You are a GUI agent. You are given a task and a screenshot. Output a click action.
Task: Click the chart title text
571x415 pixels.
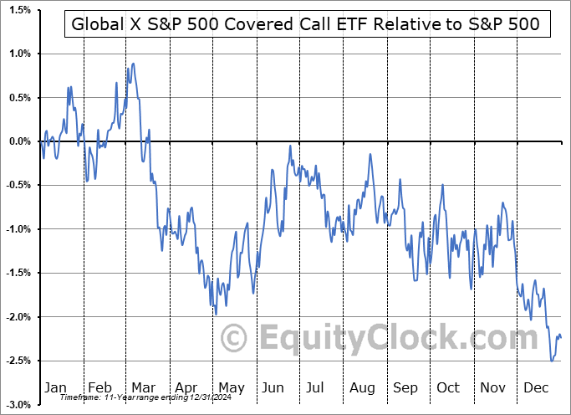tap(307, 25)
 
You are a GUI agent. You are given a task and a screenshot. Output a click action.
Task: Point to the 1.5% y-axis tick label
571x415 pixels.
tap(19, 10)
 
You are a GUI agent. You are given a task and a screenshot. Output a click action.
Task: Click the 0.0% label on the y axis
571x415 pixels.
tap(19, 141)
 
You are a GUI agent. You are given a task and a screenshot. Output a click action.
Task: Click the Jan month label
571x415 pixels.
tap(54, 387)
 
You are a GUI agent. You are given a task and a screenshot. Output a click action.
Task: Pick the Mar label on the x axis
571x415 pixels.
tap(144, 387)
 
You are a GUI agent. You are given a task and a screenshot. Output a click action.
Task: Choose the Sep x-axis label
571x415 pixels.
tap(405, 387)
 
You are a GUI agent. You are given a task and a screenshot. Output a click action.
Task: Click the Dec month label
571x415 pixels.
tap(536, 387)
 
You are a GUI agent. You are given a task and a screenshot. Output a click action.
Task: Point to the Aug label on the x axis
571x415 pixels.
tap(362, 387)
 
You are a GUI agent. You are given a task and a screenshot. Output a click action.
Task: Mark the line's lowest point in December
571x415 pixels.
tap(552, 361)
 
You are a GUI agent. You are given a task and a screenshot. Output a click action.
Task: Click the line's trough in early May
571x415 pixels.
tap(216, 315)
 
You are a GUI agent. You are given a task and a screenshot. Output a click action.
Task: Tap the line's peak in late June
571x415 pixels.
tap(290, 146)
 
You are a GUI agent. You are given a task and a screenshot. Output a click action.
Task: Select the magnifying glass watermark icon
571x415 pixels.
tap(235, 338)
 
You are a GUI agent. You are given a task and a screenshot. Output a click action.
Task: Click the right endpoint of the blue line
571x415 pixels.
tap(561, 338)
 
